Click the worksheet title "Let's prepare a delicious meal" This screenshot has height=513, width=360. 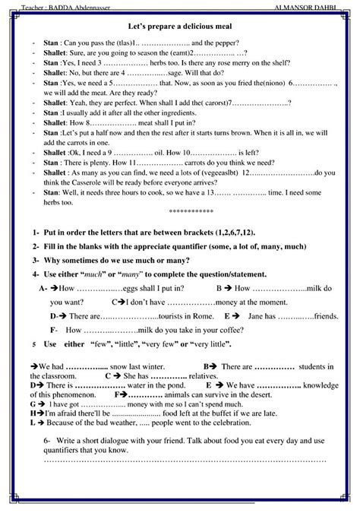180,26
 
